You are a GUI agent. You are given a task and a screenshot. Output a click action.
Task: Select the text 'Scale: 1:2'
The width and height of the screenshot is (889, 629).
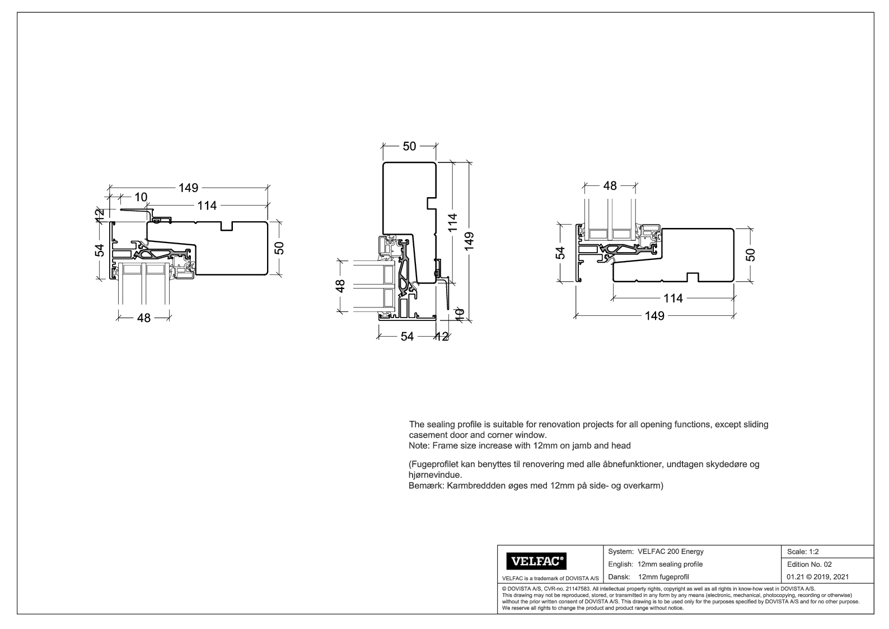tap(803, 552)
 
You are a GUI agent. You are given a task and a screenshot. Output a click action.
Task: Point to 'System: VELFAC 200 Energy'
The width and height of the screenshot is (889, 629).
tap(656, 552)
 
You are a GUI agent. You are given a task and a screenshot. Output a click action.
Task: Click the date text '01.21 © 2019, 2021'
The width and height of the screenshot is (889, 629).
tap(817, 577)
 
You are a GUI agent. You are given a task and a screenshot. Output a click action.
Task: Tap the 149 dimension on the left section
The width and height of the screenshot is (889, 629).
tap(188, 188)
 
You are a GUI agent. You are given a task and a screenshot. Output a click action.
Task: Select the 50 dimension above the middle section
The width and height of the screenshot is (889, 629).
tap(409, 146)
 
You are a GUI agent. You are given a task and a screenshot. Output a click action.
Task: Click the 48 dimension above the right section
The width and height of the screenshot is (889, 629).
tap(610, 186)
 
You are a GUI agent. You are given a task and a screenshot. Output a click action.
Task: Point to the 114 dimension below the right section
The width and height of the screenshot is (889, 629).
tap(672, 299)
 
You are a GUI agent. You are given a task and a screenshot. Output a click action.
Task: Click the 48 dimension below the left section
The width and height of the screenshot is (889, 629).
tap(144, 318)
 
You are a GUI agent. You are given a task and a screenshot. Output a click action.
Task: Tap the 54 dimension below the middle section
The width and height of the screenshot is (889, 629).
tap(407, 337)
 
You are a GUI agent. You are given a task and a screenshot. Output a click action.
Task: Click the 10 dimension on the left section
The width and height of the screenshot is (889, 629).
tap(141, 197)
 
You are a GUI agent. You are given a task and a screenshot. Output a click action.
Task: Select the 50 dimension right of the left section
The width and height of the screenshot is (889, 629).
tap(279, 248)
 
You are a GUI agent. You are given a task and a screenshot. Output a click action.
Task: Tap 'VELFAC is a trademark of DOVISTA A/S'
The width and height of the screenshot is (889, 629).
tap(551, 578)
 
